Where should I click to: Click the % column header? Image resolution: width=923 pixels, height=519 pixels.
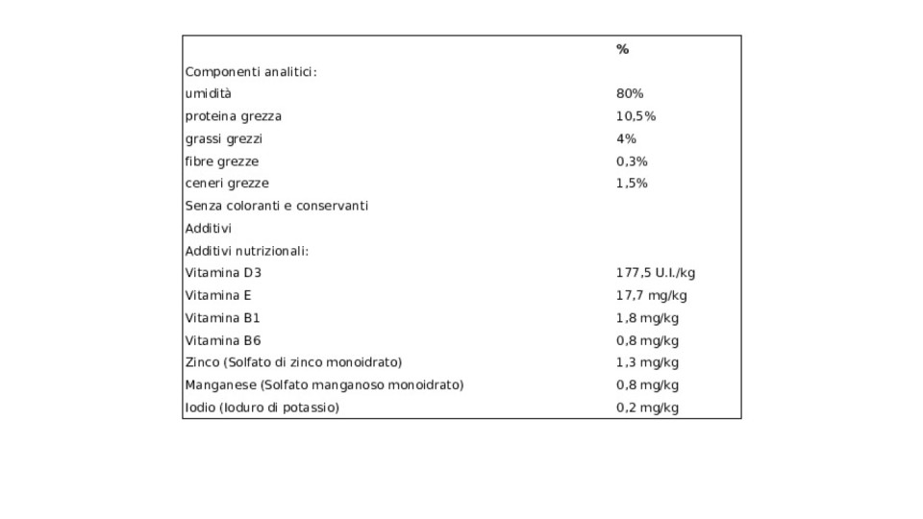[622, 49]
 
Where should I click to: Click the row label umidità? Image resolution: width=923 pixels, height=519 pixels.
[209, 93]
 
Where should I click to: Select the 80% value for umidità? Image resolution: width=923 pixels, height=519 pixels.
[630, 93]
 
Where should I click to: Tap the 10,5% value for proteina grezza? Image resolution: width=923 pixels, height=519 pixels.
[636, 116]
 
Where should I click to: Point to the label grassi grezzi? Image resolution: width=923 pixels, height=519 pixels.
[224, 138]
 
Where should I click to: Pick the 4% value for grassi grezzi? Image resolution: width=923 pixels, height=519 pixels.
[626, 138]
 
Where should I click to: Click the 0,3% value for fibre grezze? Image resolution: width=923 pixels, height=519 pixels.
[632, 161]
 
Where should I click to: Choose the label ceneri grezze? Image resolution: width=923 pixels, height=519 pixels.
[227, 184]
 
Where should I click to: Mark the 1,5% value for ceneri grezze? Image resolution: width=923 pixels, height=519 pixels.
[632, 184]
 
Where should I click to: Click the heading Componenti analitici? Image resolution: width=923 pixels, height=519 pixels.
[251, 72]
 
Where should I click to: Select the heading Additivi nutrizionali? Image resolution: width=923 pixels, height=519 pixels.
[247, 251]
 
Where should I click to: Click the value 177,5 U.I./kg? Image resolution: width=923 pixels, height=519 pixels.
[656, 273]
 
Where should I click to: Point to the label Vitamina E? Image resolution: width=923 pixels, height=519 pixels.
[218, 295]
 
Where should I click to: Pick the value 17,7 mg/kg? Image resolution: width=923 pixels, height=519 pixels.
[652, 295]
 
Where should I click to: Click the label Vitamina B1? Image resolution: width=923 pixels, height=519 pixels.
[222, 318]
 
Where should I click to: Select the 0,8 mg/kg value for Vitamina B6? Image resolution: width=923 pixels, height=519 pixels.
[647, 340]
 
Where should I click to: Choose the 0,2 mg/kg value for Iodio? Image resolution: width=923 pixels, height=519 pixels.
[647, 408]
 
